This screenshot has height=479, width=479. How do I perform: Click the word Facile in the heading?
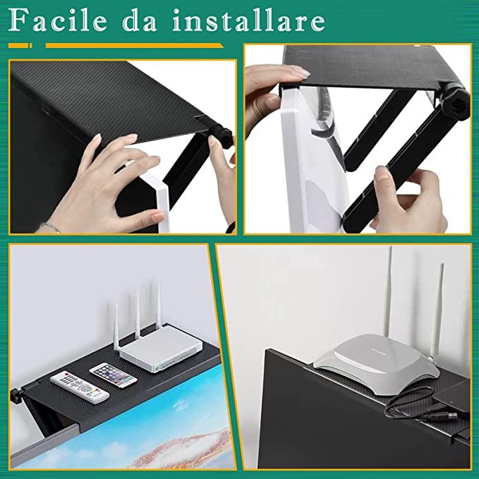[x=58, y=20]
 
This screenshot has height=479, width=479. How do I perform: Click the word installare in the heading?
[x=248, y=20]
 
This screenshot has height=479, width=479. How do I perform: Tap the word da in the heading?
[x=139, y=20]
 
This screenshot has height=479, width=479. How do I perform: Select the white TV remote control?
[x=80, y=387]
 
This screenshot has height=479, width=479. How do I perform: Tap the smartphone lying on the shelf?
[x=113, y=375]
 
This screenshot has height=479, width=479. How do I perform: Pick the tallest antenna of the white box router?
[x=158, y=306]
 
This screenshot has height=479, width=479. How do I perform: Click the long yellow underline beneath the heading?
[x=135, y=46]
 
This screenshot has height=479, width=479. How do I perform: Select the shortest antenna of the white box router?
[x=116, y=327]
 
